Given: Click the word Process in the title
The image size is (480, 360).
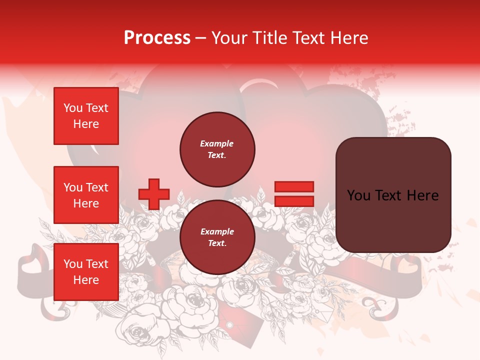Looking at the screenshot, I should (157, 38).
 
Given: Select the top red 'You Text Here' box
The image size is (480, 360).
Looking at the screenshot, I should (86, 116).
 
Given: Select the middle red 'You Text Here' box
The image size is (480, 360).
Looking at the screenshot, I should (86, 195).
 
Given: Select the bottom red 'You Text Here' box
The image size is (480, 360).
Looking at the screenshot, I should (86, 271).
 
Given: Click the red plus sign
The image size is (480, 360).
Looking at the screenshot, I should (154, 194).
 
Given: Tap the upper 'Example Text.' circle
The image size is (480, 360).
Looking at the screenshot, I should (217, 149).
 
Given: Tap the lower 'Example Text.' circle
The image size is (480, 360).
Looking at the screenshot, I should (217, 237).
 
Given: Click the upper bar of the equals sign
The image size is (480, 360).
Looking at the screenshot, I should (294, 186).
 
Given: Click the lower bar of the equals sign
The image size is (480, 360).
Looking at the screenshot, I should (294, 201).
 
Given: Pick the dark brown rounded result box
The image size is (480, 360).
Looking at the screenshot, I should (393, 194).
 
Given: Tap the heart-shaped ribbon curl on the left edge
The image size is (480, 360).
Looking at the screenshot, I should (30, 263).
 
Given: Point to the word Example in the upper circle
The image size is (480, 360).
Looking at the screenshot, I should (217, 144).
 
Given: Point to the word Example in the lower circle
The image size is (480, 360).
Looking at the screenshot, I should (217, 232).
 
